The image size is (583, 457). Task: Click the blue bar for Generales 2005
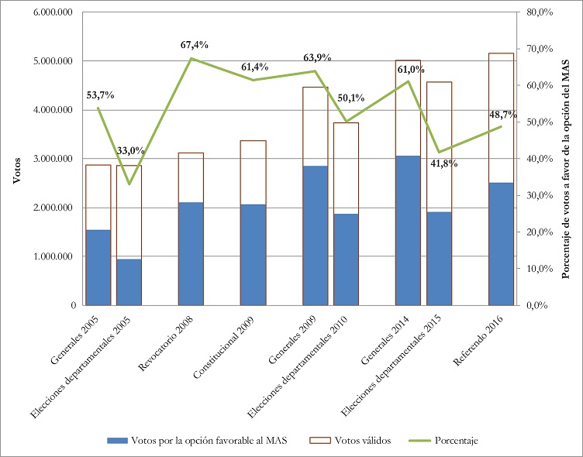click(98, 267)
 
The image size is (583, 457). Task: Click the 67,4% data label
click(195, 45)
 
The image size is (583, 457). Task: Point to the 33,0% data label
click(129, 150)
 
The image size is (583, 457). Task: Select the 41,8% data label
click(443, 164)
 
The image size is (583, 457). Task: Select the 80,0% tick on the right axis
click(534, 12)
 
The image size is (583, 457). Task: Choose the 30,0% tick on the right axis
click(534, 195)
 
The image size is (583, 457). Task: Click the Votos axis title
click(16, 170)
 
